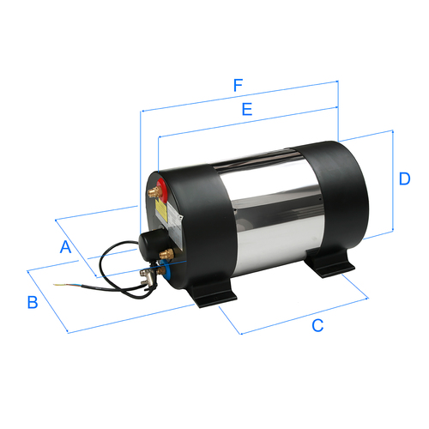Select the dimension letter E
pyautogui.click(x=247, y=110)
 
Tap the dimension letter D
pyautogui.click(x=403, y=178)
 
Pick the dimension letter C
pyautogui.click(x=317, y=325)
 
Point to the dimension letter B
pyautogui.click(x=32, y=302)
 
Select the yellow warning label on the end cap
pyautogui.click(x=160, y=209)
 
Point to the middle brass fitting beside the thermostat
pyautogui.click(x=168, y=254)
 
